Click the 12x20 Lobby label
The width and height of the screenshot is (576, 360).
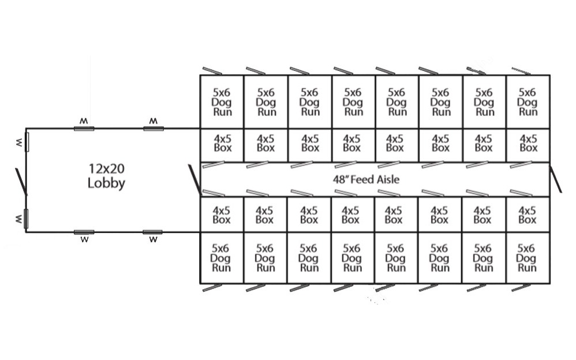click(107, 176)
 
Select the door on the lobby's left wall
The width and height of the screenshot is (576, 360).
click(21, 181)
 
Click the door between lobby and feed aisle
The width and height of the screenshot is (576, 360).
click(195, 179)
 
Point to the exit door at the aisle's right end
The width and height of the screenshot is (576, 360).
click(555, 179)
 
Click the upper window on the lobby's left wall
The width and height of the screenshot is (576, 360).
click(26, 141)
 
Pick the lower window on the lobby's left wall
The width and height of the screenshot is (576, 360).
click(26, 219)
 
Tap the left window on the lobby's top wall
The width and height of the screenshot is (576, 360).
click(84, 128)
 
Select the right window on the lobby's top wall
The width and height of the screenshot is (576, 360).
click(153, 128)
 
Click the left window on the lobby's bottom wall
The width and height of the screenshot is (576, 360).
click(84, 232)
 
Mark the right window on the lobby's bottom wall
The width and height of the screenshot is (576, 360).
click(153, 232)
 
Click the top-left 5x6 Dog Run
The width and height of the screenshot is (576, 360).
click(222, 102)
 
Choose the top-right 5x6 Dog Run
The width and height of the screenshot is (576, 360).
click(528, 102)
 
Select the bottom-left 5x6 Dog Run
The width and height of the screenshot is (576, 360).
click(222, 258)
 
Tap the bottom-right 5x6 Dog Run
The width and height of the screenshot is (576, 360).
click(528, 258)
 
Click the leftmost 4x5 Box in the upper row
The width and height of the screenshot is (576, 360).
click(222, 144)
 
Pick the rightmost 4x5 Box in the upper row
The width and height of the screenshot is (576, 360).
click(528, 144)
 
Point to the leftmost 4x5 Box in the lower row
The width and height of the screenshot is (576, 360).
click(222, 215)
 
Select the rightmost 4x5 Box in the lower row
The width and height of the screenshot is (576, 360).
click(528, 215)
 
